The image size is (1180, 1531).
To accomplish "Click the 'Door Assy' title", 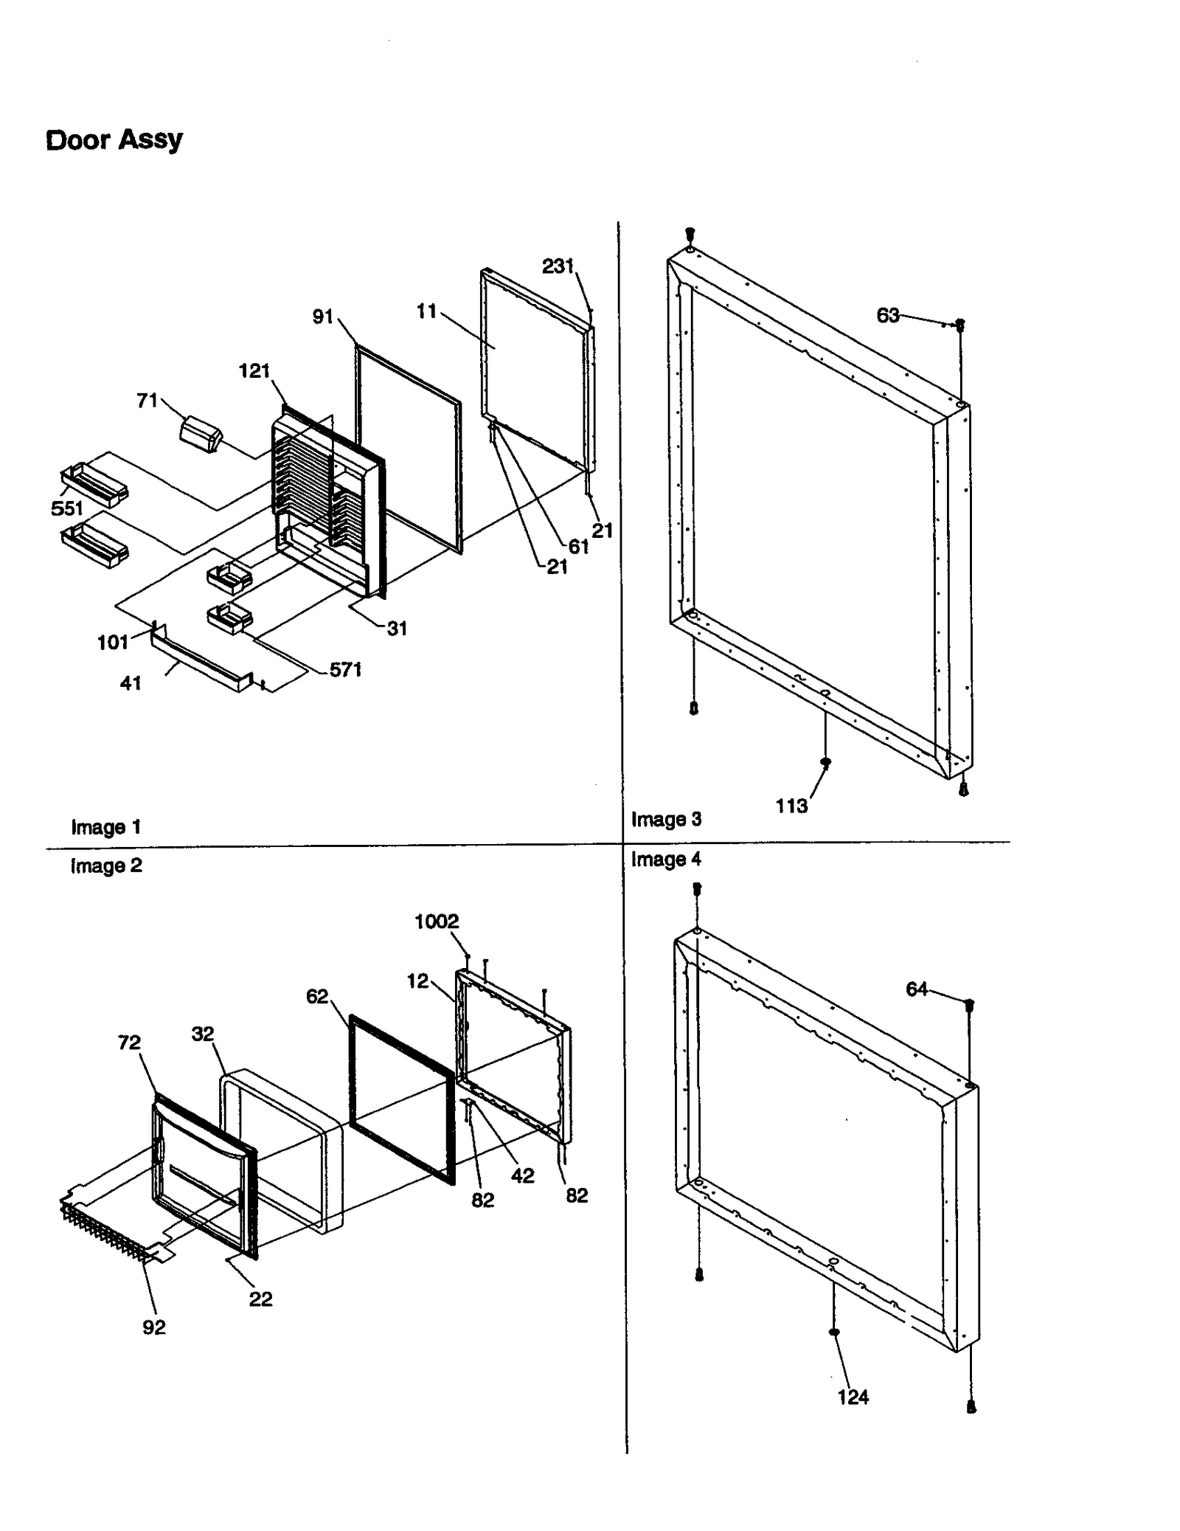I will [114, 139].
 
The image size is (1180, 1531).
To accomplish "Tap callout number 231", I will [558, 266].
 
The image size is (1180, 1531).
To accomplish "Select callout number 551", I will [66, 508].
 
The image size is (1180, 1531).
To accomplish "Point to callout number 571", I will [345, 670].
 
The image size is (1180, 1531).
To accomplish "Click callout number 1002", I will [437, 921].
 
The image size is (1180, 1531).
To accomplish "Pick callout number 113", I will [791, 806].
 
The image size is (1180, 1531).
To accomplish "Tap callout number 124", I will [853, 1397].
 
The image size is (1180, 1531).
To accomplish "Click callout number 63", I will [887, 316].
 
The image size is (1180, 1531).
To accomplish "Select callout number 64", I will [916, 989].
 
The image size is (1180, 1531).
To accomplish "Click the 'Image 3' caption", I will [666, 819].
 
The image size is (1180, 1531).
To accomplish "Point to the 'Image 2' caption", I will [106, 865].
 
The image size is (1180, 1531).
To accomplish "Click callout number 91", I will [323, 317].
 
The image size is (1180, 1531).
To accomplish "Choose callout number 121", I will [254, 370].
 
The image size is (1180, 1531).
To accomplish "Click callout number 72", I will [129, 1042].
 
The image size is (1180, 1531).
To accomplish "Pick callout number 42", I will [522, 1175].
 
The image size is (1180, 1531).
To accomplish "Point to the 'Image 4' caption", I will [666, 859].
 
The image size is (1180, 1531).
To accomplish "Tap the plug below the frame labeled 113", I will [825, 762].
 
